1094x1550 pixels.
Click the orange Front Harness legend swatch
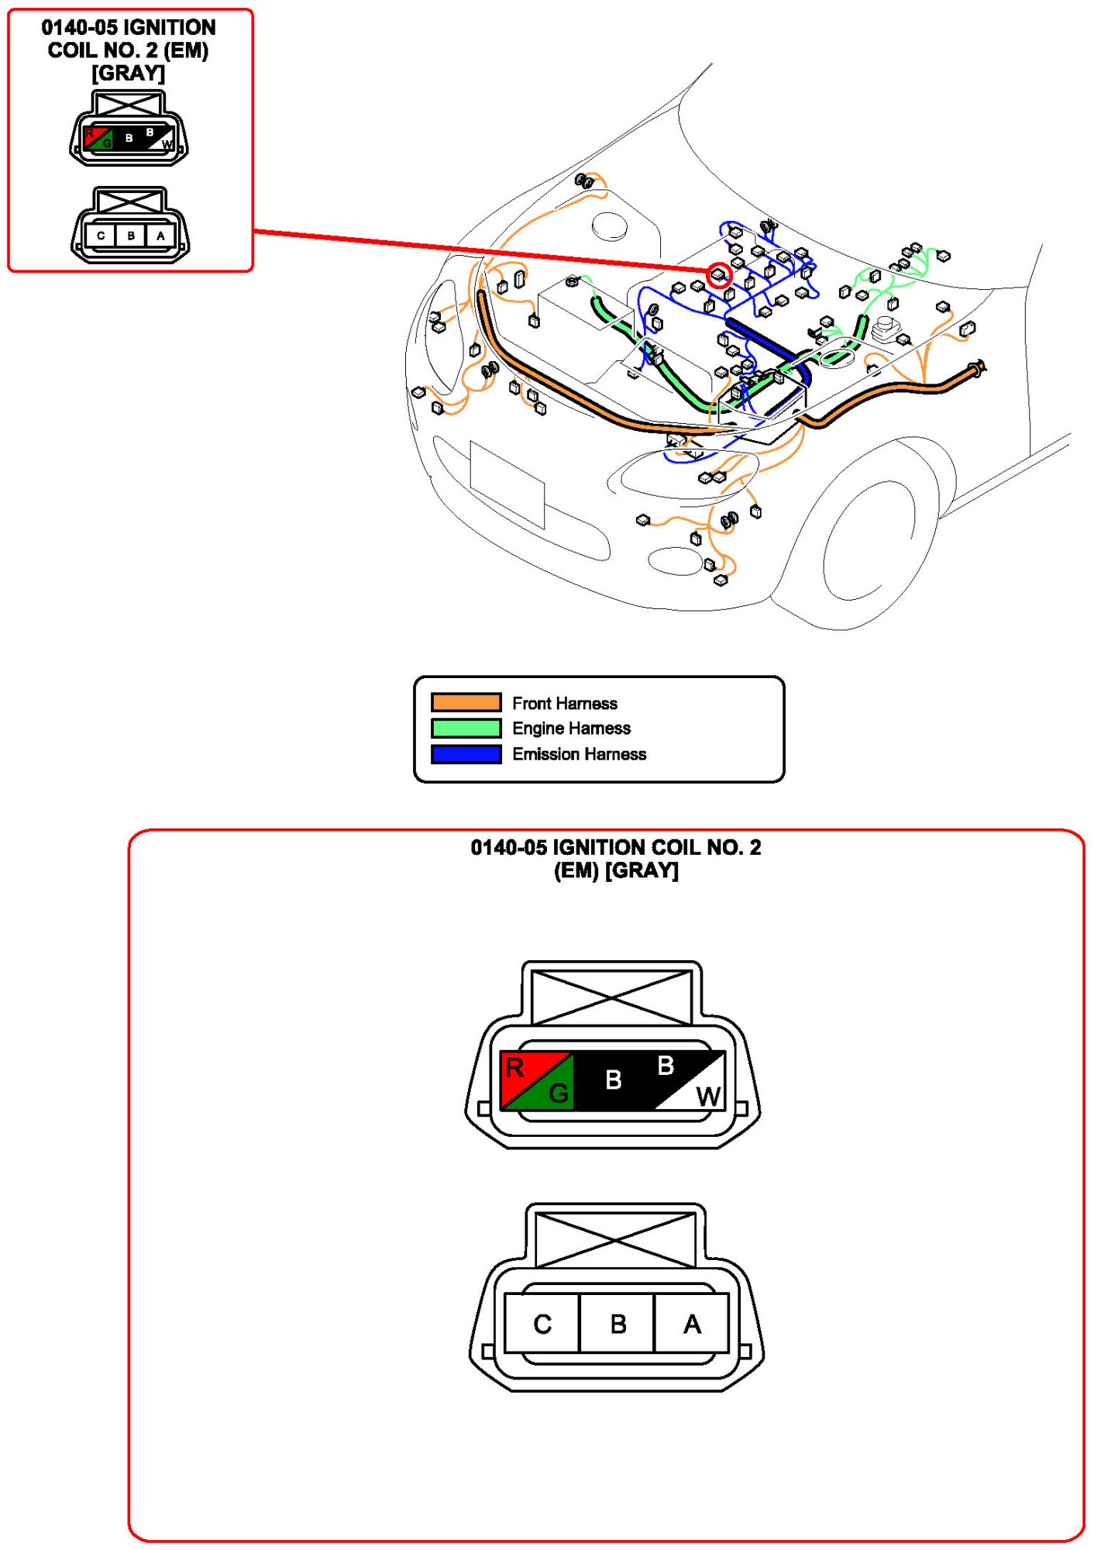(466, 702)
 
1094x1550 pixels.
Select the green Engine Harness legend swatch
(466, 728)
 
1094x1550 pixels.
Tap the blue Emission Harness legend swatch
(466, 753)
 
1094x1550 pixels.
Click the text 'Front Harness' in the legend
(564, 703)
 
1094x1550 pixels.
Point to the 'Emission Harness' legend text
(579, 754)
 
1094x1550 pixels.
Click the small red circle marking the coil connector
(719, 275)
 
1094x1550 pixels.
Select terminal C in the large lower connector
(542, 1324)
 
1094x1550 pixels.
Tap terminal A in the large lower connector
(692, 1324)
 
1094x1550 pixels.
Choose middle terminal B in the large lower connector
(618, 1324)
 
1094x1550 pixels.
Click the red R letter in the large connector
(514, 1069)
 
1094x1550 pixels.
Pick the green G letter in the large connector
(558, 1094)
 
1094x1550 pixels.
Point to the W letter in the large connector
(707, 1096)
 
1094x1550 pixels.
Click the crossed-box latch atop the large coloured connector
(611, 997)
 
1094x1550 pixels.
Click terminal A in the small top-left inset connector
(160, 236)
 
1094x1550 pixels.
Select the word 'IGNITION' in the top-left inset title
(170, 27)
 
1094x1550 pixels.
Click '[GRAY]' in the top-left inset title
(128, 74)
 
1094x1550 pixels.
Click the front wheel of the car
(868, 542)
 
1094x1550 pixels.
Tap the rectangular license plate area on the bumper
(507, 485)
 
